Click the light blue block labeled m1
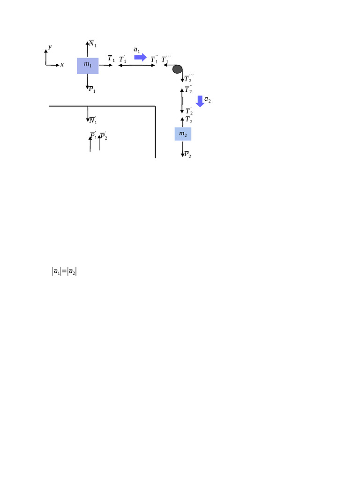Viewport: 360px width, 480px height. point(88,66)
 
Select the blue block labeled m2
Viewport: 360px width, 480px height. point(183,134)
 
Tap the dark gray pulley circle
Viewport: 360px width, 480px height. point(177,69)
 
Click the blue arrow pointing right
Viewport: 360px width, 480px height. point(140,57)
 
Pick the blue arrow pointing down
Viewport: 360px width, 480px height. point(200,101)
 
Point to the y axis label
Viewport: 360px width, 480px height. point(50,47)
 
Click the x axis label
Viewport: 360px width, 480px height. point(62,65)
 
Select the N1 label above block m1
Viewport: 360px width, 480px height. point(93,44)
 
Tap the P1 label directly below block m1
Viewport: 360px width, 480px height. point(92,89)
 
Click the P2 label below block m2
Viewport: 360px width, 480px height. point(187,154)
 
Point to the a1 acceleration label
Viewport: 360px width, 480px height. point(136,49)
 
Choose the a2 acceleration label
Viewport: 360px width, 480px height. point(208,100)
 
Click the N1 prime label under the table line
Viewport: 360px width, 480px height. point(92,120)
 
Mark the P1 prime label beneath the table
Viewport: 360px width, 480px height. point(93,136)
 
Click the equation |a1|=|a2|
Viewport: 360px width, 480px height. point(64,271)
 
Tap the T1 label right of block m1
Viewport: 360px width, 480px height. point(111,59)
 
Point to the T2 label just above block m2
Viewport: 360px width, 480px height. point(189,120)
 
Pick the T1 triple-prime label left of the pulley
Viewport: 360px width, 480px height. point(166,60)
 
